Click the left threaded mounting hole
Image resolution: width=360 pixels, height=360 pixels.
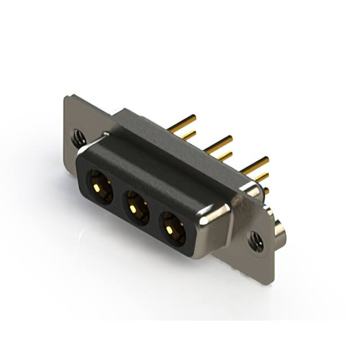tap(78, 136)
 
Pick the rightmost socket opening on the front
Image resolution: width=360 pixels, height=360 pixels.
tap(172, 228)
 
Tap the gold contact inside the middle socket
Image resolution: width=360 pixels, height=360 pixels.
tap(133, 209)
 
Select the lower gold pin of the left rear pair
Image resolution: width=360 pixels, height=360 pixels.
tap(188, 135)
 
